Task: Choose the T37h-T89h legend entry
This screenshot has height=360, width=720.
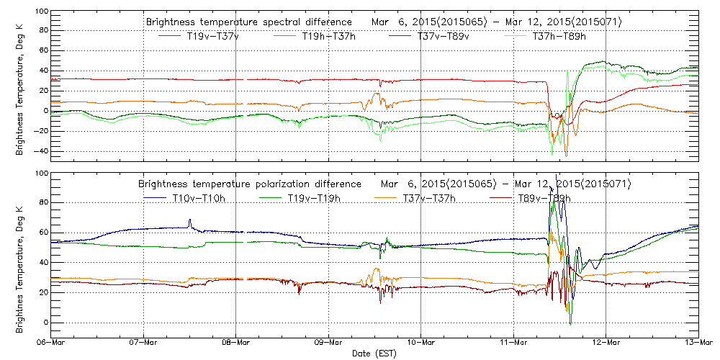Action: (x=559, y=36)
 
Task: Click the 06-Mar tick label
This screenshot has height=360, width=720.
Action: (x=51, y=342)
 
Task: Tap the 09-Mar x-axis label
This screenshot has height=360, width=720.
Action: (x=328, y=342)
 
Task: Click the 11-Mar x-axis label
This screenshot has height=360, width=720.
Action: (x=513, y=342)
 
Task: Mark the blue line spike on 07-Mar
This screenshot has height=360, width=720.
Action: (x=190, y=221)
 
